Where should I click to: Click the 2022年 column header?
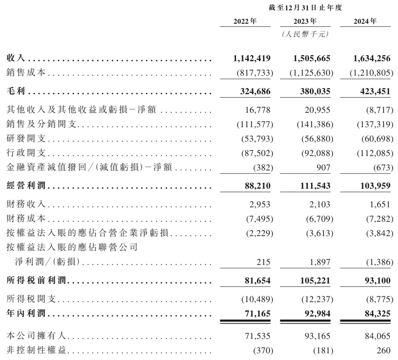point(245,21)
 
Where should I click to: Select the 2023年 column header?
point(305,21)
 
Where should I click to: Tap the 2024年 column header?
point(365,21)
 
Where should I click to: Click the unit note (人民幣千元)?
point(305,34)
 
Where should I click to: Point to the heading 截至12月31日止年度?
point(305,8)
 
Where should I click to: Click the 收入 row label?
point(16,58)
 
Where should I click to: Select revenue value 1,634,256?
point(372,58)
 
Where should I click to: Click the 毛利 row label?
point(16,91)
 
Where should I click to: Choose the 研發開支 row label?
point(26,139)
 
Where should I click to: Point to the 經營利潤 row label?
point(26,186)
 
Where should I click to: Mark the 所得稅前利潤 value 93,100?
point(377,281)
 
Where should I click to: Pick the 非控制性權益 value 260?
point(384,350)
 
